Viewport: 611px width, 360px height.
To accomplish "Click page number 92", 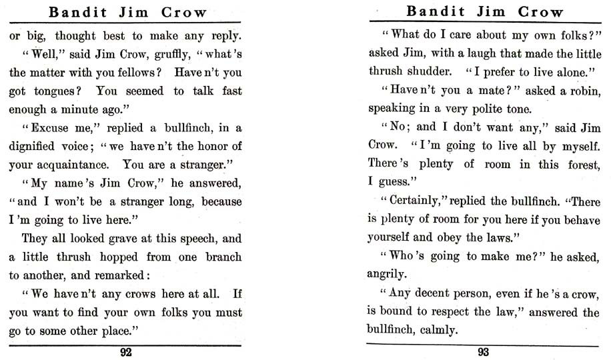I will pos(125,353).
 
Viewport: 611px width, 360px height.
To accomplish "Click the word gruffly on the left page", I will pos(144,54).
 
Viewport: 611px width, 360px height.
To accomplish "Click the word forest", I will pos(578,163).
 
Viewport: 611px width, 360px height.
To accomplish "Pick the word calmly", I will pos(438,329).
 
